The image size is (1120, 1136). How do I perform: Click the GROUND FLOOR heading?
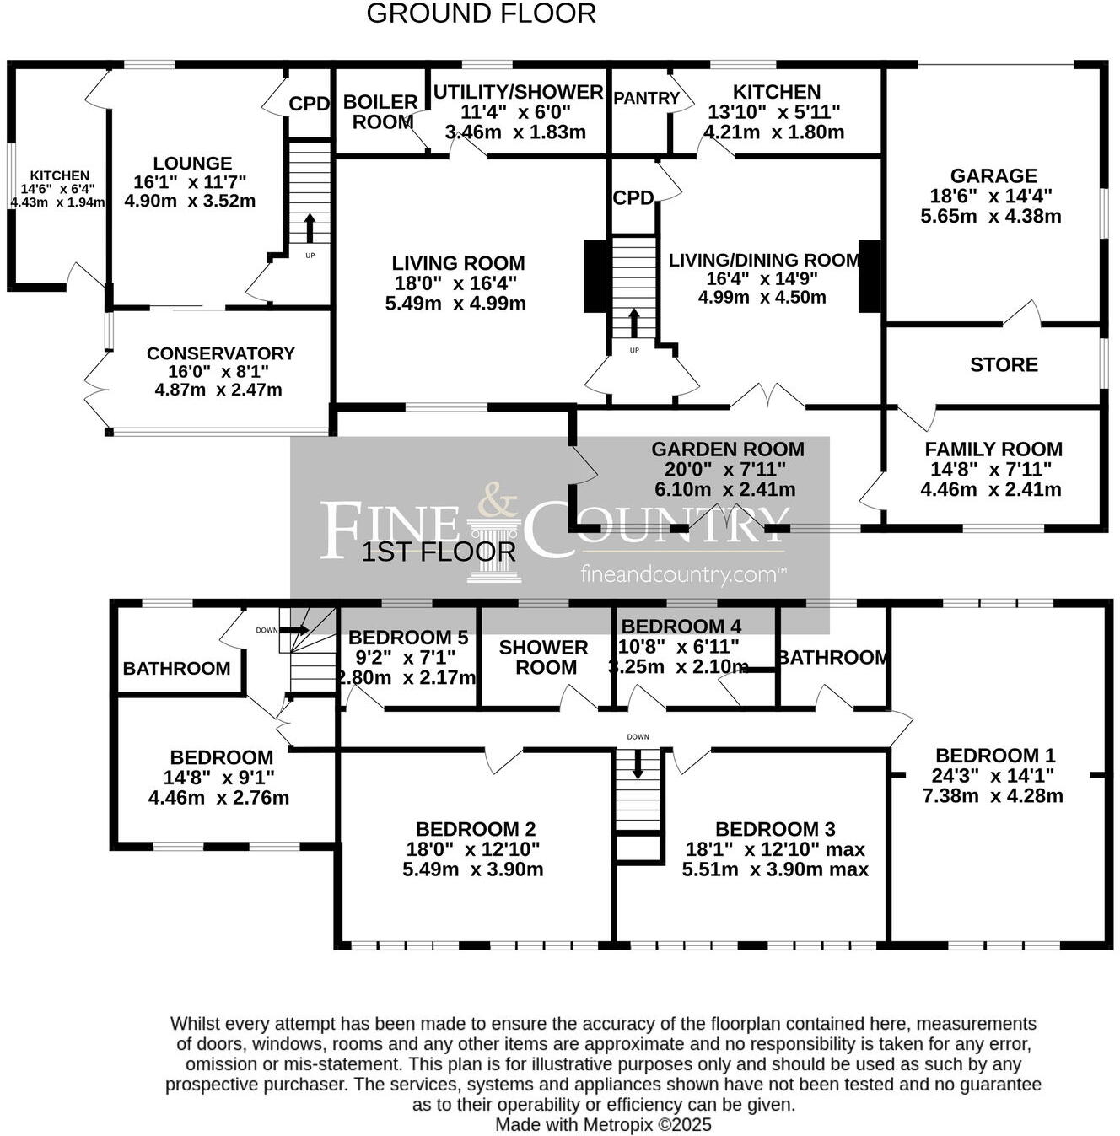(481, 14)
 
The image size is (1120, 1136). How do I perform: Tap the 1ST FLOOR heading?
(439, 552)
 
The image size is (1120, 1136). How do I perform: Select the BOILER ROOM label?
(380, 112)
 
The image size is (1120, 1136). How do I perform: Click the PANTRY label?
(646, 99)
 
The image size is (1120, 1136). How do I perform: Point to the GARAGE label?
(993, 176)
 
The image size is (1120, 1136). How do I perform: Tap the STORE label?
(1004, 365)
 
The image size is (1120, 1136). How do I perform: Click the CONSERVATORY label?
(220, 353)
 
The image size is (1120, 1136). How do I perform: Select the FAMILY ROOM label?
(993, 450)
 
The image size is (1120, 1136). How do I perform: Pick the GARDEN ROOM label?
(727, 450)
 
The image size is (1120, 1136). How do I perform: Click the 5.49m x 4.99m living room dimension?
(455, 304)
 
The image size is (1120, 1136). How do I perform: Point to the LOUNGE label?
(192, 164)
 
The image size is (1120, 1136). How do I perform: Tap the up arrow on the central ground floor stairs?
(633, 323)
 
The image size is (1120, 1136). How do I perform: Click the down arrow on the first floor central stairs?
(638, 762)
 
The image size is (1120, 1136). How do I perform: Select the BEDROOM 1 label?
(995, 756)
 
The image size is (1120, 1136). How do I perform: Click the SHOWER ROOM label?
(544, 657)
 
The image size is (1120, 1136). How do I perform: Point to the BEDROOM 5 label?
(407, 638)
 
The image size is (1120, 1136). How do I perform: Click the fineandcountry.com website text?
(683, 575)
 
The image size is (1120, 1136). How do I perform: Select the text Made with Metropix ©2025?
(603, 1124)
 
